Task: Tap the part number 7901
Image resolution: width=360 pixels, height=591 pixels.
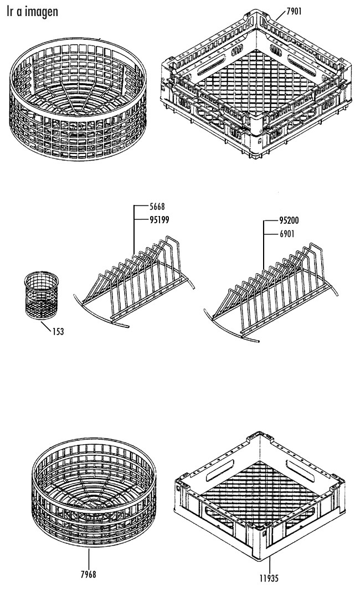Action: point(294,11)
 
